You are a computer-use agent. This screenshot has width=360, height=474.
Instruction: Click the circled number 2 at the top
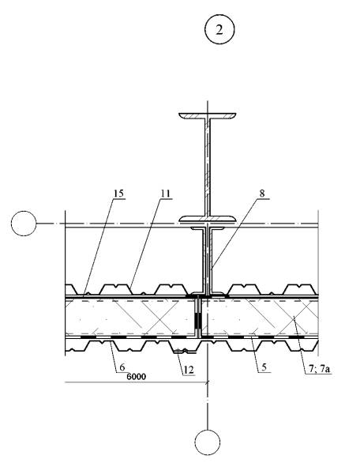click(x=219, y=29)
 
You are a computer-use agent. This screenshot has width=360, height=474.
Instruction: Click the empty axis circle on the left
click(x=24, y=224)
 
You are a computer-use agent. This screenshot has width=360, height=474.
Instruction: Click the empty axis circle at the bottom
click(x=207, y=442)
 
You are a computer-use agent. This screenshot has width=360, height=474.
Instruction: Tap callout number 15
click(x=119, y=194)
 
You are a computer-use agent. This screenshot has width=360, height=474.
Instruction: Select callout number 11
click(x=165, y=194)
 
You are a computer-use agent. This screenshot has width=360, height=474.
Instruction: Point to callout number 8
click(x=262, y=194)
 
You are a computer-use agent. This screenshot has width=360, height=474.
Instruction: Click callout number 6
click(x=122, y=367)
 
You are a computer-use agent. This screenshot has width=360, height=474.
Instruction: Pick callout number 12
click(x=189, y=370)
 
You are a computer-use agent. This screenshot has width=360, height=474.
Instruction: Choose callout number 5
click(x=264, y=367)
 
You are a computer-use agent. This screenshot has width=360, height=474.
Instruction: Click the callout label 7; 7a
click(x=320, y=369)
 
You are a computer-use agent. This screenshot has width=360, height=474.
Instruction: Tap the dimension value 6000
click(x=137, y=376)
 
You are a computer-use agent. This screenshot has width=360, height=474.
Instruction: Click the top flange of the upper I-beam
click(x=208, y=115)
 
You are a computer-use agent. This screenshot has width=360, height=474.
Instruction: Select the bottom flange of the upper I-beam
click(x=208, y=219)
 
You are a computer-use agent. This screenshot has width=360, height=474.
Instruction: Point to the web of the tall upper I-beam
click(x=208, y=167)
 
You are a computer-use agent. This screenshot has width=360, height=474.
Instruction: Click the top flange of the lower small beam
click(x=208, y=228)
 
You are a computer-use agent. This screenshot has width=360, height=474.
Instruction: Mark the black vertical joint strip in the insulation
click(x=198, y=321)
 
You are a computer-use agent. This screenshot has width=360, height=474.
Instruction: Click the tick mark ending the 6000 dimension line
click(x=207, y=382)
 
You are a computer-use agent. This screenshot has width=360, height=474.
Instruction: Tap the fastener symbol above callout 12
click(x=182, y=352)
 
